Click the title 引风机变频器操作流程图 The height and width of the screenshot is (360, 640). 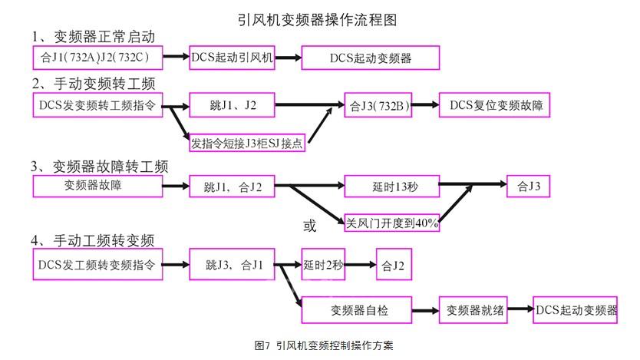(x=318, y=17)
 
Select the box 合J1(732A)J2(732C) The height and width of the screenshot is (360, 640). (x=99, y=58)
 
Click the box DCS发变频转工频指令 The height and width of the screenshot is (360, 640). (x=99, y=105)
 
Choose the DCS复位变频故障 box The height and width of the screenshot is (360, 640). (x=495, y=105)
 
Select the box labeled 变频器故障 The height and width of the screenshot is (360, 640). (x=99, y=186)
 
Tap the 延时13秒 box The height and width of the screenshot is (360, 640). (x=391, y=186)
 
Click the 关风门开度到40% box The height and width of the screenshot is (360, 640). (x=391, y=223)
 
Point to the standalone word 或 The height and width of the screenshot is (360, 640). (x=310, y=226)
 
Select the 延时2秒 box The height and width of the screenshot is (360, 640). (x=323, y=266)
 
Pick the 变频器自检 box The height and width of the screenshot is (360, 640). (x=358, y=310)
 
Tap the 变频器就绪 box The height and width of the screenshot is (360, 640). (x=473, y=310)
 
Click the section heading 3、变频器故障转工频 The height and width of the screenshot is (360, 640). (x=100, y=166)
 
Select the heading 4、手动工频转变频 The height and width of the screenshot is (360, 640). (x=93, y=240)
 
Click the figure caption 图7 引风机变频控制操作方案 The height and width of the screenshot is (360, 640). (x=323, y=346)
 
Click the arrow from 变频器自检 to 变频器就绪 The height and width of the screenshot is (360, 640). (x=426, y=310)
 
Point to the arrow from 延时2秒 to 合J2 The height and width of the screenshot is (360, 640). (x=360, y=266)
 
